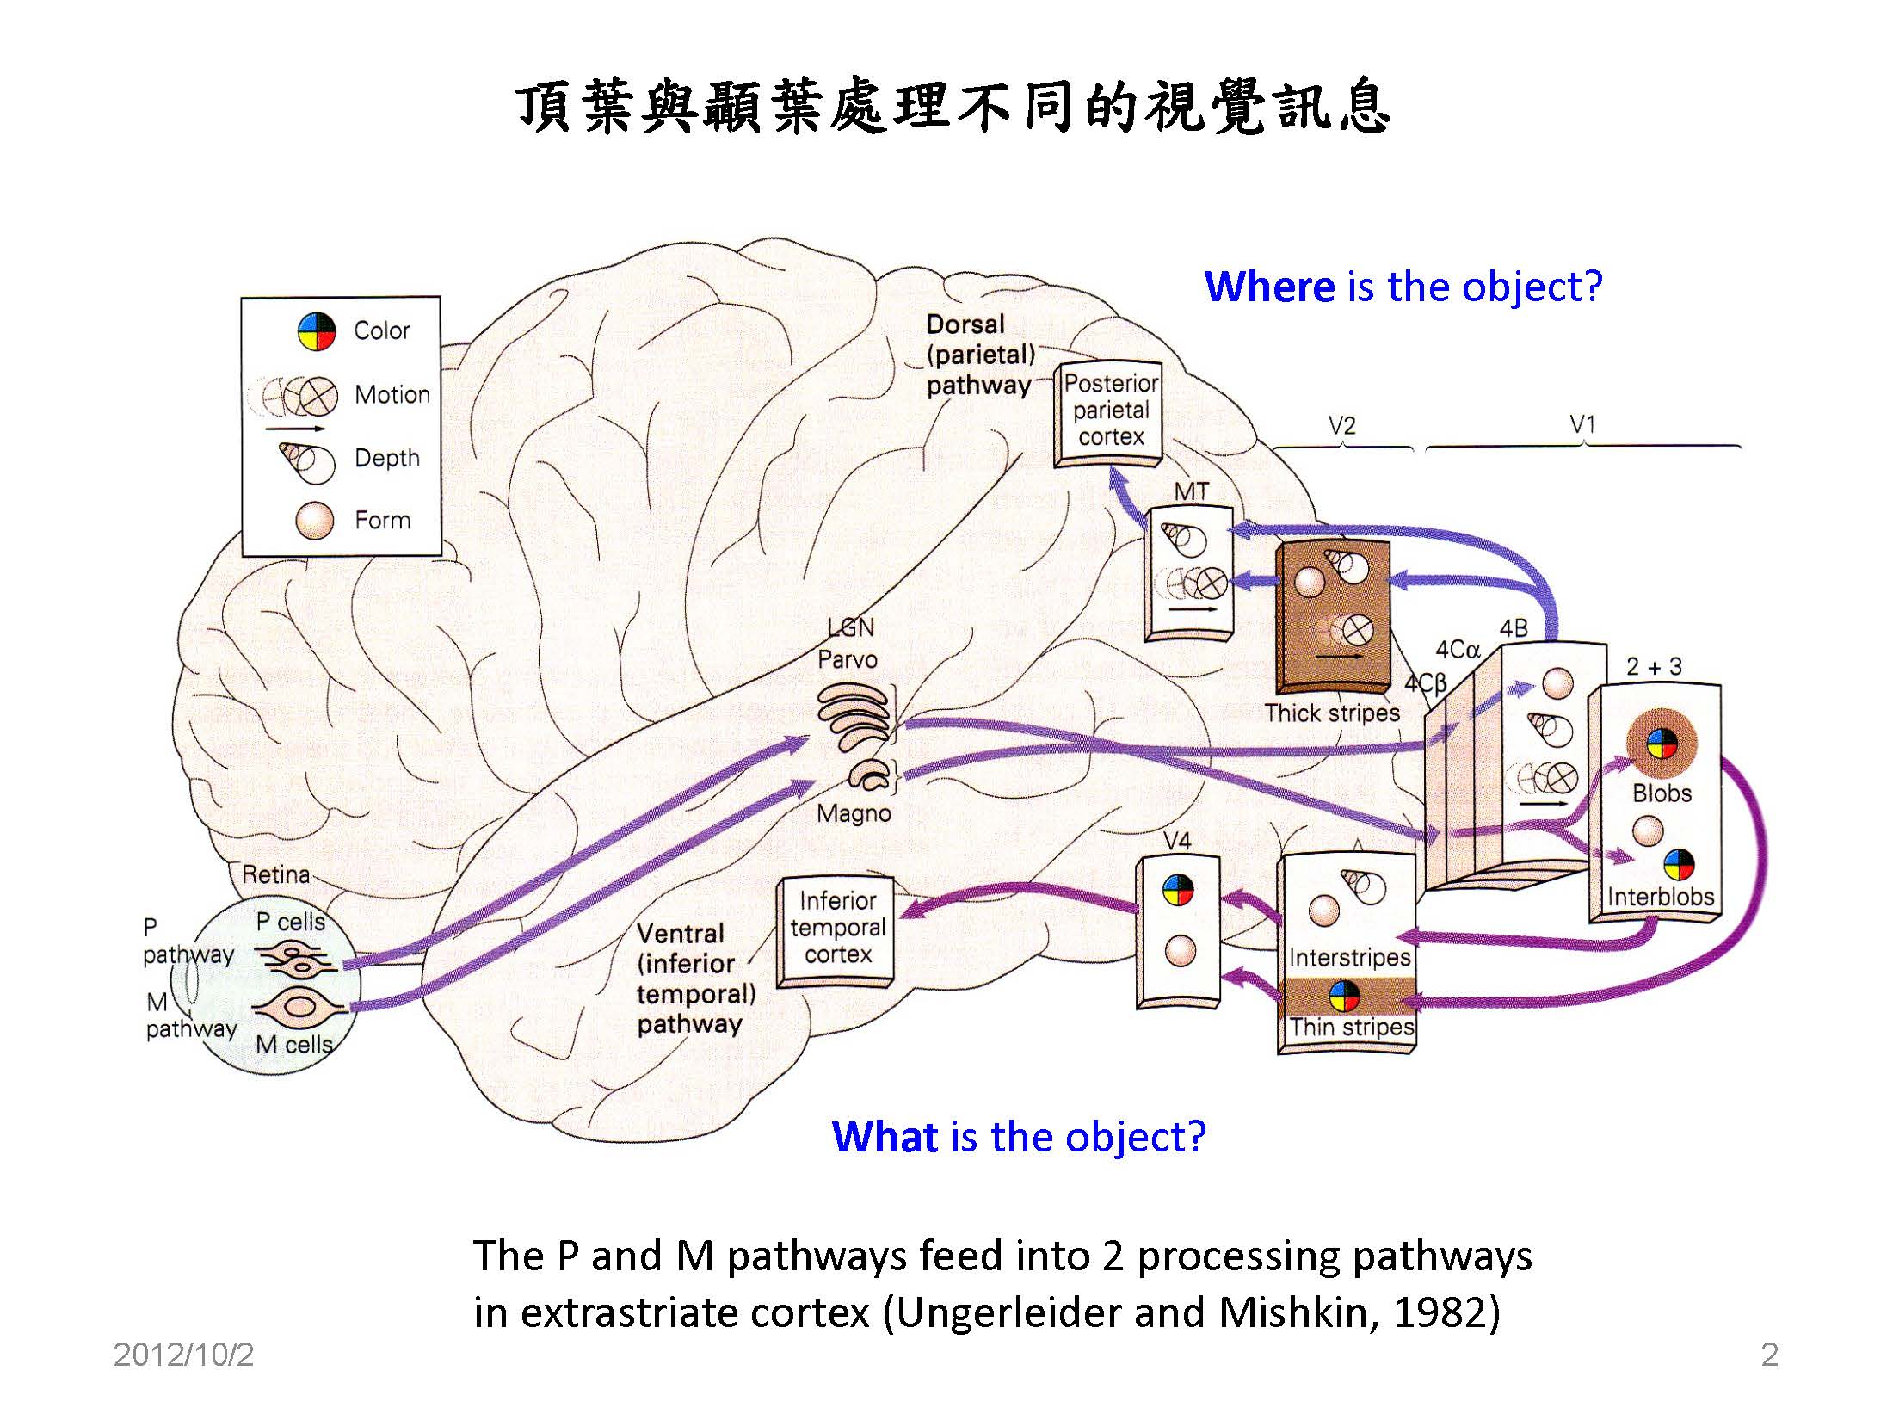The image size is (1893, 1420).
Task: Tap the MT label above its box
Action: pyautogui.click(x=1192, y=491)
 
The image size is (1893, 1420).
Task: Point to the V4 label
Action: pyautogui.click(x=1176, y=840)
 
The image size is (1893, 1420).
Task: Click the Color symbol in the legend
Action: pyautogui.click(x=317, y=331)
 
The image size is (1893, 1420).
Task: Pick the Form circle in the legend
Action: pyautogui.click(x=314, y=521)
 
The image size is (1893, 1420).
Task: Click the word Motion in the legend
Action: pyautogui.click(x=392, y=395)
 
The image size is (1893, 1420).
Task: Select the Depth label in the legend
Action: pyautogui.click(x=387, y=458)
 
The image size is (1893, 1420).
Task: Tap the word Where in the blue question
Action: pyautogui.click(x=1269, y=287)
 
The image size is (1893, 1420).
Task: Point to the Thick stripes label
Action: pyautogui.click(x=1332, y=713)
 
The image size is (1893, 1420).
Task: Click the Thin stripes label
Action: pyautogui.click(x=1351, y=1027)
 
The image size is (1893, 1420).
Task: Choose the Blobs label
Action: pyautogui.click(x=1662, y=793)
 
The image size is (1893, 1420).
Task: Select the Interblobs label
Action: pyautogui.click(x=1661, y=897)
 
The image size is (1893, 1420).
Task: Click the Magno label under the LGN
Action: pyautogui.click(x=854, y=813)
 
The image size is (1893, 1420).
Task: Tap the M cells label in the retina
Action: pyautogui.click(x=294, y=1044)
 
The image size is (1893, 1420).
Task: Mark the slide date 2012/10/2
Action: pyautogui.click(x=183, y=1355)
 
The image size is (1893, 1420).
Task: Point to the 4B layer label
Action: pyautogui.click(x=1514, y=628)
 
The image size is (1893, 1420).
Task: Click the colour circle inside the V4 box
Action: pyautogui.click(x=1178, y=891)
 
